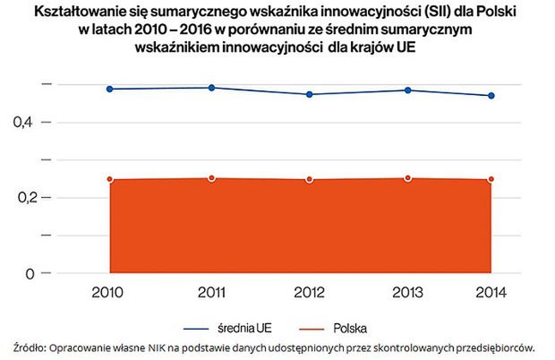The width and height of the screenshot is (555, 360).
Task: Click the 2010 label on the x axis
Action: (x=109, y=293)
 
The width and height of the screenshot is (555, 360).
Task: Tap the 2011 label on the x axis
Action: (x=211, y=293)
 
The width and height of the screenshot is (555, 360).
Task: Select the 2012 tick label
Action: (x=309, y=293)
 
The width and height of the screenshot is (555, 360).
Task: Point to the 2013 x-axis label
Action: (x=407, y=293)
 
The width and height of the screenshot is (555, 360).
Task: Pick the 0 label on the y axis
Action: (x=30, y=273)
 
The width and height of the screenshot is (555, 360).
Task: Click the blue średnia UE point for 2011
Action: (x=211, y=88)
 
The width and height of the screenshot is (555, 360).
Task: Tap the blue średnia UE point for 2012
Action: (x=309, y=94)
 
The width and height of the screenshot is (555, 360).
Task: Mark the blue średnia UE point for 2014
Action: (x=491, y=96)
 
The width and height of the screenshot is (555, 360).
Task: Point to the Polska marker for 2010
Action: (x=109, y=179)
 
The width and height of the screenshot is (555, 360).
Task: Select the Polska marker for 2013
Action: (x=407, y=178)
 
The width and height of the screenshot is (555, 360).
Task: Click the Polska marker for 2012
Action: (x=309, y=179)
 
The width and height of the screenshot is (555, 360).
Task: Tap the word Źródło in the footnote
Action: (x=30, y=347)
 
